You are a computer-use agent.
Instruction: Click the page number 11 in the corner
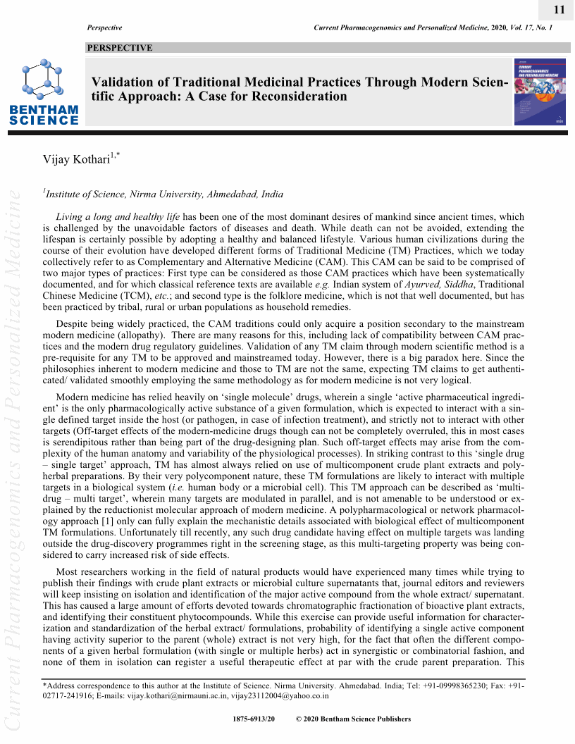(x=559, y=9)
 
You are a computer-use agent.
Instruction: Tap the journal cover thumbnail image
(x=540, y=92)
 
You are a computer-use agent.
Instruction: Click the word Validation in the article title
(x=125, y=82)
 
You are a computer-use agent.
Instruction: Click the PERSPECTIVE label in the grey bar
(x=119, y=48)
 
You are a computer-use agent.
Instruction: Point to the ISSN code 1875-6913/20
(x=253, y=719)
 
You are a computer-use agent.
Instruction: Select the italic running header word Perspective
(x=104, y=27)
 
